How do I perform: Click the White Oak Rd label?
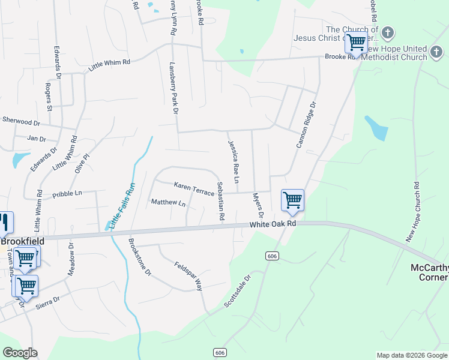pos(273,223)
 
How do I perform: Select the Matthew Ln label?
pos(168,203)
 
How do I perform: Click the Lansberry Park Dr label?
pos(174,88)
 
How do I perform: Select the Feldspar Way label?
pos(188,276)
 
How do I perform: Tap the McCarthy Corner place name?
pos(429,272)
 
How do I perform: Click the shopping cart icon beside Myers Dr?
pos(292,200)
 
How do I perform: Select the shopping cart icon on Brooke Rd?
pos(356,43)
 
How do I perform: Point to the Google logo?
pos(20,353)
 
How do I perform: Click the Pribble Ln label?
pos(67,194)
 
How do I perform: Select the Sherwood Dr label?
pos(20,121)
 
